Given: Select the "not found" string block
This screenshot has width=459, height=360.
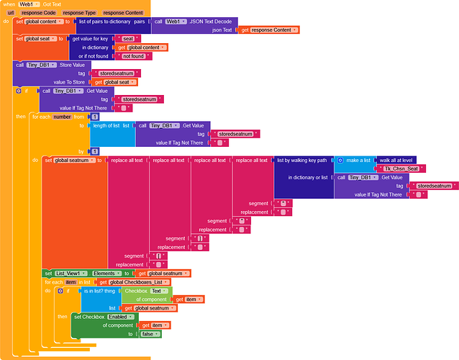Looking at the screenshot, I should [133, 55].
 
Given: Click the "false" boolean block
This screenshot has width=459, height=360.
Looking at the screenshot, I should [150, 333].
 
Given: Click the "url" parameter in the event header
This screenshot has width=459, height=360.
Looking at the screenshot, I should [11, 13].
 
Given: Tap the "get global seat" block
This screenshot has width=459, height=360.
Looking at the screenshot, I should [116, 81].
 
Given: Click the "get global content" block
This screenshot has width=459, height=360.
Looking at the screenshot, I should [142, 47].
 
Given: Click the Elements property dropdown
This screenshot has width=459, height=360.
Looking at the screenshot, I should [107, 274].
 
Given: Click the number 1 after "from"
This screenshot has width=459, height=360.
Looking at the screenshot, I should [94, 116].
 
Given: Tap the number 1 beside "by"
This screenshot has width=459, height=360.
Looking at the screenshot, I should [94, 150].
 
